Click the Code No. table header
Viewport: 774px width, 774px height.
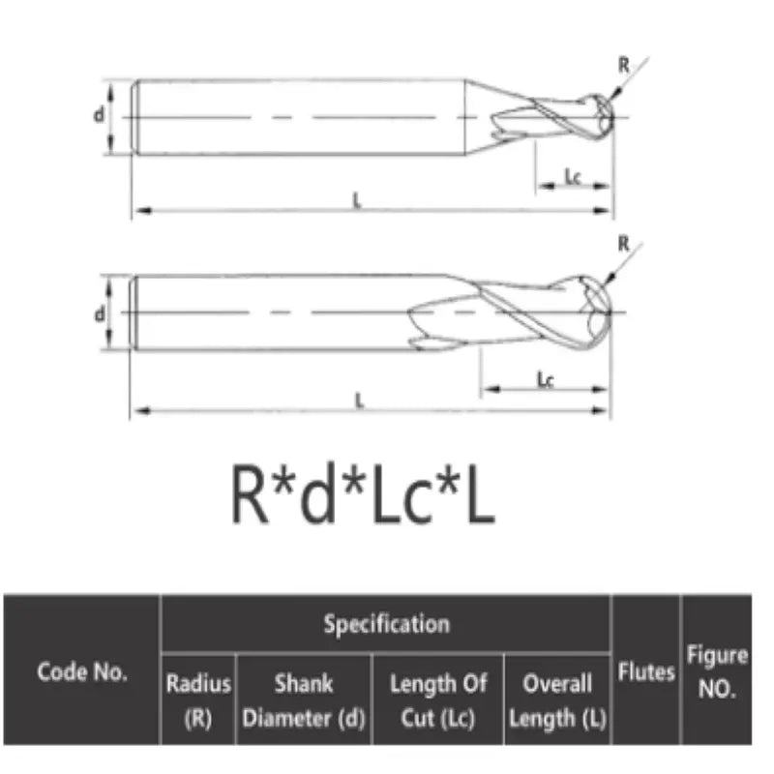[x=82, y=671]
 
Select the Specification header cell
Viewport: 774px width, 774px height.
[x=386, y=624]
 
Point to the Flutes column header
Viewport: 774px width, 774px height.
[x=646, y=671]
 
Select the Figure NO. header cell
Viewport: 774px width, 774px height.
[x=717, y=671]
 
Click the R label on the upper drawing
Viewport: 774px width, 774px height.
[x=624, y=66]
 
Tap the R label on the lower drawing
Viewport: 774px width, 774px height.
[x=624, y=243]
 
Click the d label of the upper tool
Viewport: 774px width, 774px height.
[x=99, y=115]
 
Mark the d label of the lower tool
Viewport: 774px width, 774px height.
[x=99, y=313]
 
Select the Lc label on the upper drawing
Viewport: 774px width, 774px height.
[x=572, y=177]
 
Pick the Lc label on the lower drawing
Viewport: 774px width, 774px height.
[x=545, y=380]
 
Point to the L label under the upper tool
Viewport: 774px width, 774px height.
[x=357, y=201]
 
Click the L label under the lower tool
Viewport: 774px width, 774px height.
[x=359, y=402]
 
